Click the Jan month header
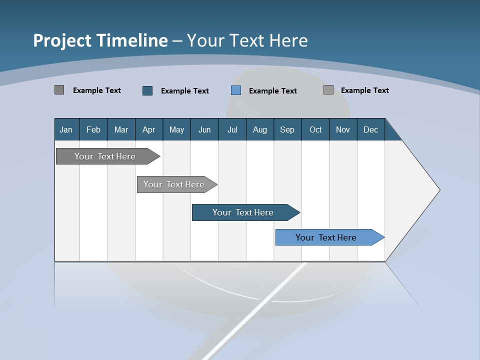pyautogui.click(x=66, y=130)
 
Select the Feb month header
pyautogui.click(x=93, y=130)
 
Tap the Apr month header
pyautogui.click(x=148, y=130)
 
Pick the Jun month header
pyautogui.click(x=204, y=130)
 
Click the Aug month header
pyautogui.click(x=259, y=130)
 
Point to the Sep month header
pyautogui.click(x=287, y=130)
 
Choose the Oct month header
pyautogui.click(x=315, y=130)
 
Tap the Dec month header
pyautogui.click(x=370, y=130)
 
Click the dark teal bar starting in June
pyautogui.click(x=243, y=212)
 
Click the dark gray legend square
pyautogui.click(x=59, y=90)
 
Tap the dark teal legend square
pyautogui.click(x=147, y=90)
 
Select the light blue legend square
pyautogui.click(x=236, y=90)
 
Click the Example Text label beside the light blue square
pyautogui.click(x=272, y=91)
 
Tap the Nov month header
pyautogui.click(x=342, y=130)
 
